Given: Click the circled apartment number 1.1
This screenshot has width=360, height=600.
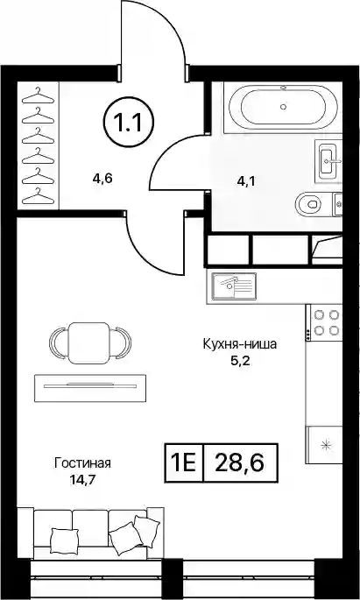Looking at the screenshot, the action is click(x=128, y=124).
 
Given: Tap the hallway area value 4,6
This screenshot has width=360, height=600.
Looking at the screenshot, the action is click(x=102, y=178).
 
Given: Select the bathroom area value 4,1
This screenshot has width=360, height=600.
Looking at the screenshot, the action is click(x=245, y=180).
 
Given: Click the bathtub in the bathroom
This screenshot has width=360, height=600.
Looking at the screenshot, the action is click(x=283, y=107).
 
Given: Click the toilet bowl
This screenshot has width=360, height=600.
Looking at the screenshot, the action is click(x=311, y=203).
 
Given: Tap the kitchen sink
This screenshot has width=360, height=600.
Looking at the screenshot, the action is click(x=235, y=286).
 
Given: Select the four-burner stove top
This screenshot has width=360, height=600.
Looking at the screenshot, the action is click(x=327, y=322).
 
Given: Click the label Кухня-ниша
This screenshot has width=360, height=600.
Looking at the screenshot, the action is click(x=239, y=344).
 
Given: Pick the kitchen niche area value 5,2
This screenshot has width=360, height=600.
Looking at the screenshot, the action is click(x=240, y=361).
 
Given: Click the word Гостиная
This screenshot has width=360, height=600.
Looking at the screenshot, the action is click(x=82, y=463).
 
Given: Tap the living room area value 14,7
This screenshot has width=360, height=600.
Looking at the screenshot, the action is click(x=82, y=480).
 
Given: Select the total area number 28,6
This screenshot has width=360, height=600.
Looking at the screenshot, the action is click(x=239, y=463).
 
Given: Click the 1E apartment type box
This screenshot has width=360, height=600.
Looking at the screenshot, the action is click(x=184, y=463).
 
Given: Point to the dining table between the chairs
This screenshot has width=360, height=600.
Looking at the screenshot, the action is click(x=88, y=343).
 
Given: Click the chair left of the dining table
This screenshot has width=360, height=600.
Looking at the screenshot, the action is click(x=58, y=343).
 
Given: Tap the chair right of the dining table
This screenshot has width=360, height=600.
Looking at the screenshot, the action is click(x=121, y=343).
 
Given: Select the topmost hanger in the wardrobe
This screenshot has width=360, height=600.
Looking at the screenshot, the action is click(x=38, y=96).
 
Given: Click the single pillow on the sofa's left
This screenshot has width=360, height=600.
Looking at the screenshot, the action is click(x=64, y=540).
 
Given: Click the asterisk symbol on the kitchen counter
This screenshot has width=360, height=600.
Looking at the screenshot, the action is click(x=326, y=445).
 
